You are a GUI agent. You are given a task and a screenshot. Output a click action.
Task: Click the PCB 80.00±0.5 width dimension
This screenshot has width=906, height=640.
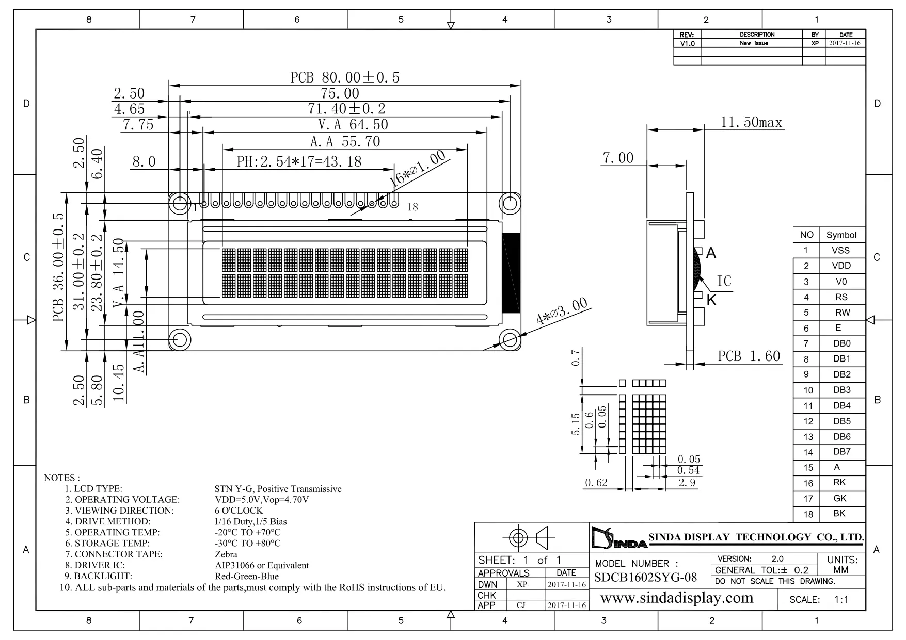345,77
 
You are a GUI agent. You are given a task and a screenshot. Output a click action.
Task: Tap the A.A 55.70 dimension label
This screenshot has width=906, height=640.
345,141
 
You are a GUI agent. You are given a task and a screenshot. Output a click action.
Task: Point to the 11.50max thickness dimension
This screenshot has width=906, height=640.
751,122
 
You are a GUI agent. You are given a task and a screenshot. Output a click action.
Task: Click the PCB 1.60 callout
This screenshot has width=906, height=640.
749,356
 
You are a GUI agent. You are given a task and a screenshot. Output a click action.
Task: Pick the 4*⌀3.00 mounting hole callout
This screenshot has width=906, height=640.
562,311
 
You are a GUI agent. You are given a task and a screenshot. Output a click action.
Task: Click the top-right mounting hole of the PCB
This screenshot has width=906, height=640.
510,203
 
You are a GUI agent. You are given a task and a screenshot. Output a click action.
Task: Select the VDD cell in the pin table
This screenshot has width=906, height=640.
841,266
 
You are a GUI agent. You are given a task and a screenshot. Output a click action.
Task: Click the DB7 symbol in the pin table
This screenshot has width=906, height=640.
841,452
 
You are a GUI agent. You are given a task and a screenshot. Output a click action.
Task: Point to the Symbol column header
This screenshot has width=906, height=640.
841,235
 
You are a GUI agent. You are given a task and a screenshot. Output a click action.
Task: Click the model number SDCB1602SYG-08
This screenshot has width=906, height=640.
645,577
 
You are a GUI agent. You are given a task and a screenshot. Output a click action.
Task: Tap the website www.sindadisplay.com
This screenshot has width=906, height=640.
677,598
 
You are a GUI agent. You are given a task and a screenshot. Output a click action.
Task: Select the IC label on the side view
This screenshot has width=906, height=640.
724,281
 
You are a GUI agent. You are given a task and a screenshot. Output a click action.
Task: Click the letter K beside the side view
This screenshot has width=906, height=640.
711,300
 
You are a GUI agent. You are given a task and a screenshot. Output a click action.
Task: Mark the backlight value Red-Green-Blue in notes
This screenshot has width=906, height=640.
246,576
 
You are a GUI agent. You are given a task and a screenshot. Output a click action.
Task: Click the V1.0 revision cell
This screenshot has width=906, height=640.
688,43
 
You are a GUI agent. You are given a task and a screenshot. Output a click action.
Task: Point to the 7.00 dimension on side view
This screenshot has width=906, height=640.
618,158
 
